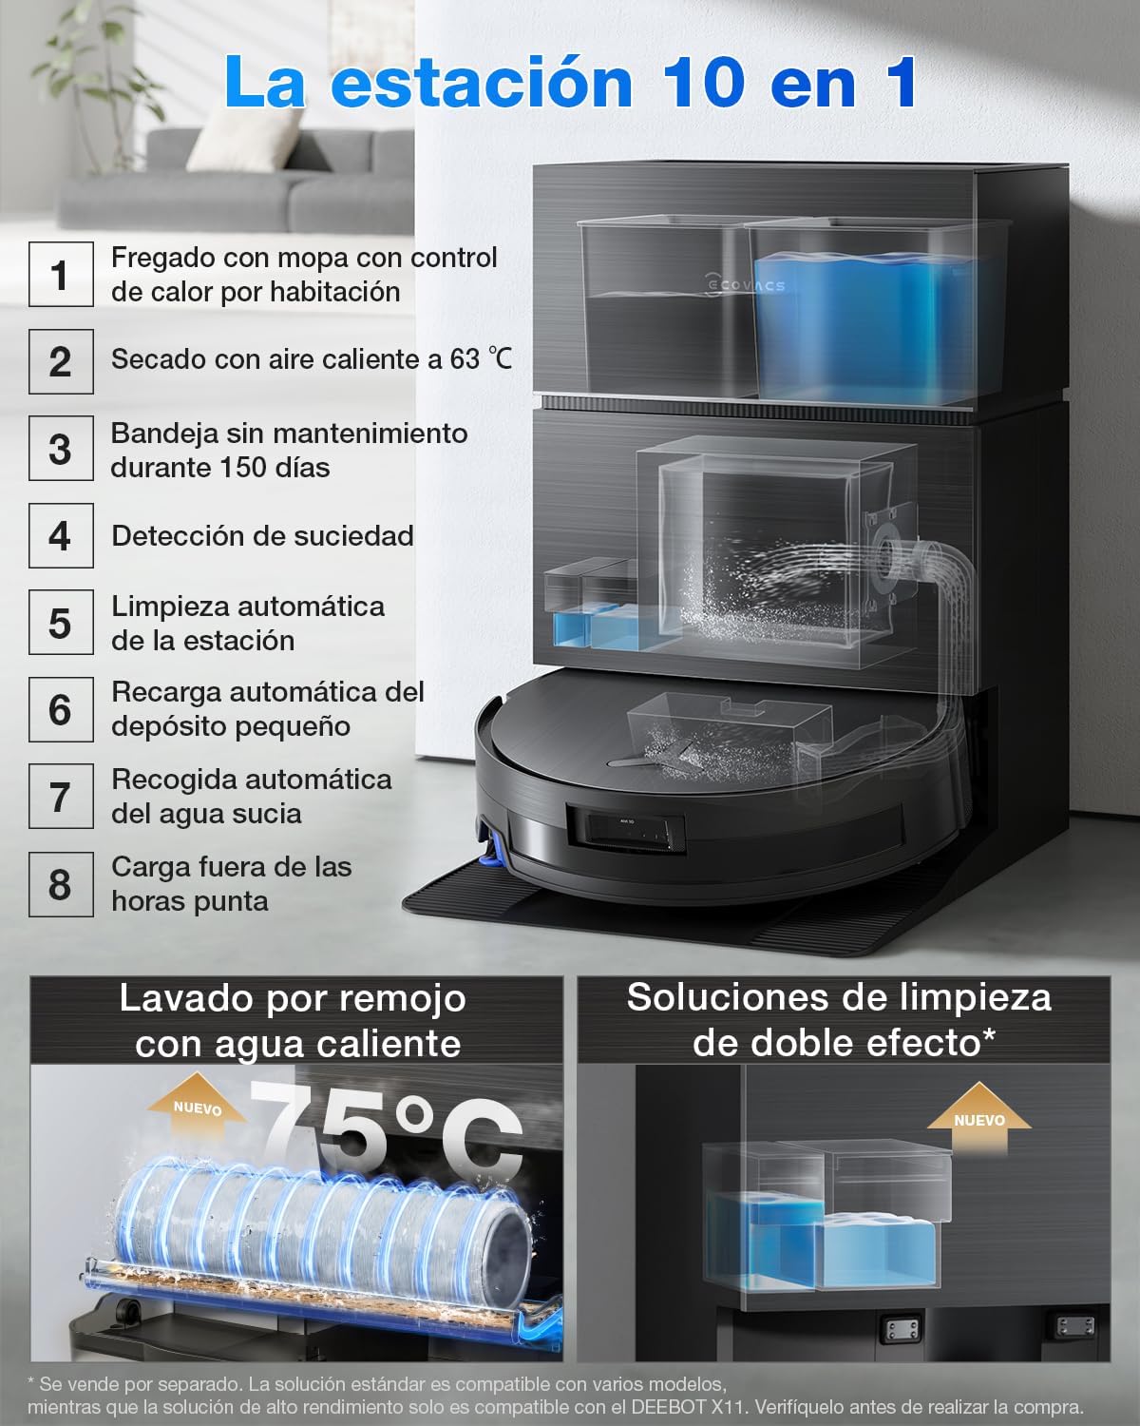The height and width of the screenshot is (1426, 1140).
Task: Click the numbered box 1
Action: click(x=61, y=274)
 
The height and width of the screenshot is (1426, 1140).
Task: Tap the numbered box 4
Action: click(x=61, y=536)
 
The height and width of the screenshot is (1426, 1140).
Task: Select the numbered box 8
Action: click(x=61, y=884)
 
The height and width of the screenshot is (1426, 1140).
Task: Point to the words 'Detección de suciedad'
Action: click(x=262, y=536)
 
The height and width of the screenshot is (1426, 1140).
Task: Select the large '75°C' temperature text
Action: click(x=389, y=1131)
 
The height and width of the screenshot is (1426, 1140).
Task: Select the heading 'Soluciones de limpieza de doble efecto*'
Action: click(x=842, y=1020)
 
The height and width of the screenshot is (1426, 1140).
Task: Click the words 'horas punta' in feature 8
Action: click(x=190, y=901)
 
